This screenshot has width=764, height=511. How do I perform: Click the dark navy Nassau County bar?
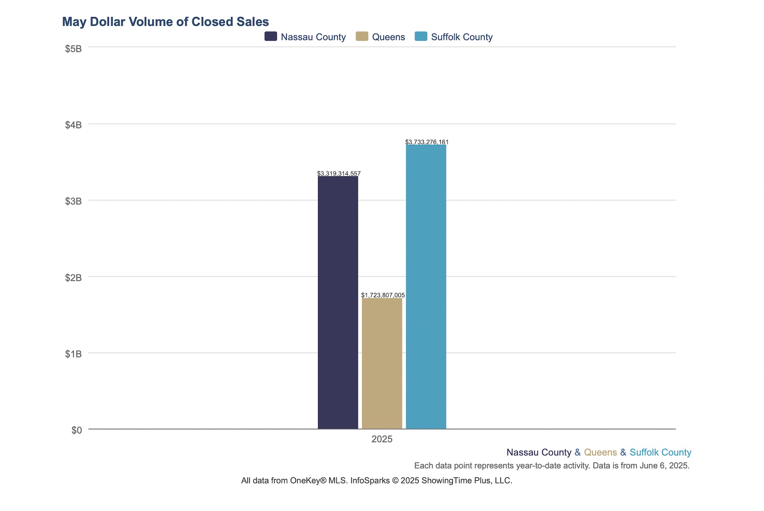click(338, 302)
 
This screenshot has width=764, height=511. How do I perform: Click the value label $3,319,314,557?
click(339, 173)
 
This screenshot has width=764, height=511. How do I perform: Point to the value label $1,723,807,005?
click(383, 295)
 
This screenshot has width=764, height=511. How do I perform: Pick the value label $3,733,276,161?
click(427, 142)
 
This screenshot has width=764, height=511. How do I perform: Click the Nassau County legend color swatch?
click(270, 37)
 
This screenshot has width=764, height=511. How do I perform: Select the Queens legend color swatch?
click(362, 37)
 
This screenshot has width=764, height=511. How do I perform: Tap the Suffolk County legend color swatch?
click(421, 37)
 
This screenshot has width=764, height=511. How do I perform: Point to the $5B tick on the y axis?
click(73, 49)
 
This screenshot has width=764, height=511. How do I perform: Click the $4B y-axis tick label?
click(73, 125)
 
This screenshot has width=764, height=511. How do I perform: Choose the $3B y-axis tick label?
click(73, 201)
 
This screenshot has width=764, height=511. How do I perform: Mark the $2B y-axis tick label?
click(73, 278)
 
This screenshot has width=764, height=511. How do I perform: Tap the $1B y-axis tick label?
click(73, 354)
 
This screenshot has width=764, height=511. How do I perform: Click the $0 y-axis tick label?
click(77, 430)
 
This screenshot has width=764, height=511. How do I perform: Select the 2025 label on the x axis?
click(382, 439)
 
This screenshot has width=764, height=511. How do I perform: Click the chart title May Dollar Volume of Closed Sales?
click(165, 22)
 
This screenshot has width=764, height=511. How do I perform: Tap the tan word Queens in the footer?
click(600, 452)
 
